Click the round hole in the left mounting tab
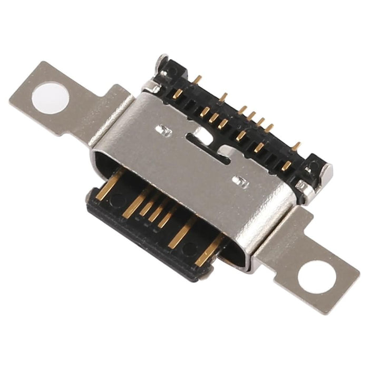[x=50, y=98]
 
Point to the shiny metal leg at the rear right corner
[x=303, y=186]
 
